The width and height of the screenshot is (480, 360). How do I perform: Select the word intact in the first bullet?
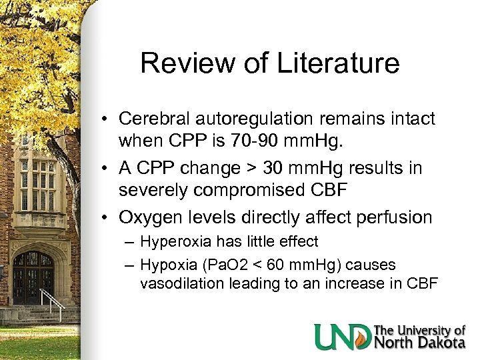tap(411, 119)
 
